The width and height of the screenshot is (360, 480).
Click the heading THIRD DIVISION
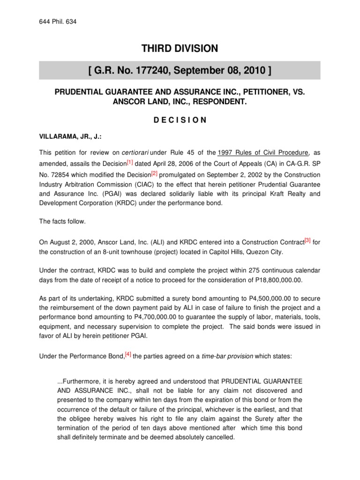pyautogui.click(x=180, y=48)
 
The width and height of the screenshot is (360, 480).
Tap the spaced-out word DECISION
pyautogui.click(x=180, y=120)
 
